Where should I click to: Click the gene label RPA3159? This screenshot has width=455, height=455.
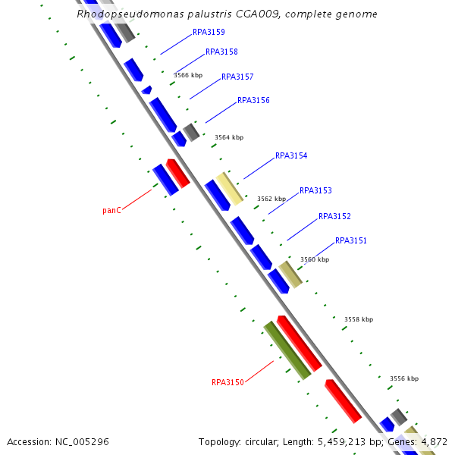(209, 33)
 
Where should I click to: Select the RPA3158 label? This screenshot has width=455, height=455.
(221, 52)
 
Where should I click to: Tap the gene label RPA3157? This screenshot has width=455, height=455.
(237, 77)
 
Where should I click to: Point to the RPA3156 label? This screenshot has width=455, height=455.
(253, 100)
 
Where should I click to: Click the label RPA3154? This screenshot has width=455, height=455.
(291, 155)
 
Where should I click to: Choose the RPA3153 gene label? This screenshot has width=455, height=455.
(315, 191)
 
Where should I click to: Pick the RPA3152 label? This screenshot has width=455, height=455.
(334, 216)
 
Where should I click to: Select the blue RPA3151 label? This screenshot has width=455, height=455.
(351, 240)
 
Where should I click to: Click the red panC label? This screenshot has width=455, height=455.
(112, 211)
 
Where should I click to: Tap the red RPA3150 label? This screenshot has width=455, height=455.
(227, 382)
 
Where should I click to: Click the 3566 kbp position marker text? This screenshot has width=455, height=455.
(188, 75)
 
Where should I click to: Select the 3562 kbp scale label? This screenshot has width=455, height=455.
(271, 199)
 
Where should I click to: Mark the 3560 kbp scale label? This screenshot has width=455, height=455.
(315, 259)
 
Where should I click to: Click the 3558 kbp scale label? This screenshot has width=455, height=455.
(359, 319)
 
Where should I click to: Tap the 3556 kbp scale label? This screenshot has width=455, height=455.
(403, 378)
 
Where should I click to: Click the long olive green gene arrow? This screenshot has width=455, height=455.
(287, 350)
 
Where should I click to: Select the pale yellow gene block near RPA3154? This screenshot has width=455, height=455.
(229, 187)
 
